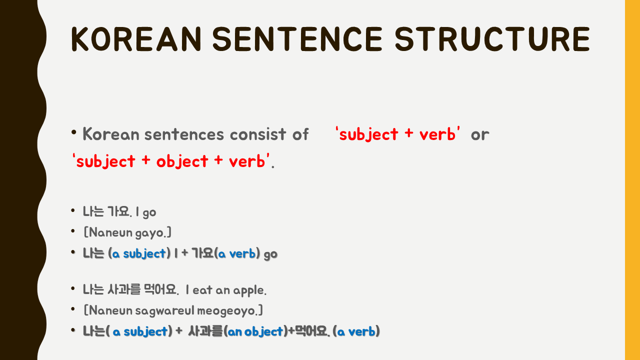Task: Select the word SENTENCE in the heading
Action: point(297,39)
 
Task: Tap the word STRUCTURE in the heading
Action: point(492,39)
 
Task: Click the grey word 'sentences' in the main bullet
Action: point(184,134)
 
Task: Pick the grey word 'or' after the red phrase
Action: point(479,134)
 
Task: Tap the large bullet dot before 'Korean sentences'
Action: point(74,133)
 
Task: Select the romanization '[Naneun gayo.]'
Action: point(127,232)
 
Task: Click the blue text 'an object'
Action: point(255,331)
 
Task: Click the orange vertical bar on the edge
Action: point(632,180)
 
